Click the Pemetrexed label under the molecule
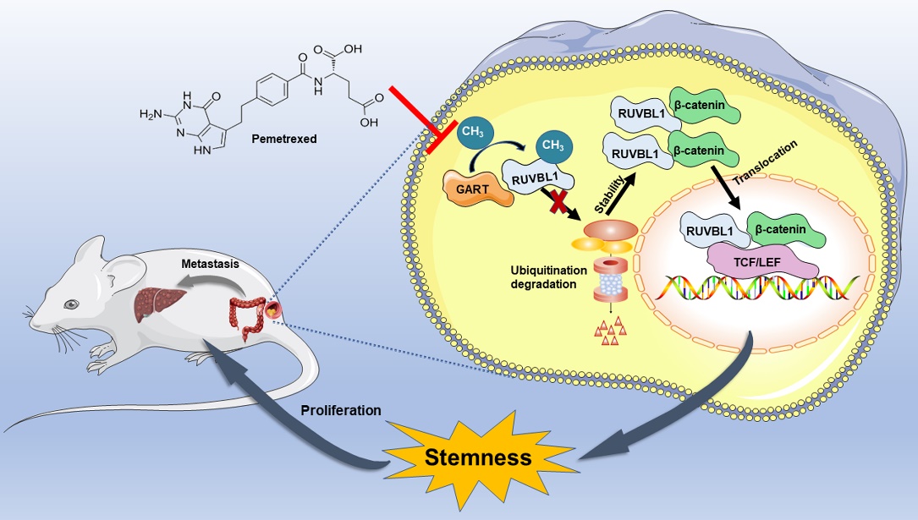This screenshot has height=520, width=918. [x=283, y=138]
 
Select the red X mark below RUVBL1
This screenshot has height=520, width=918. [x=556, y=204]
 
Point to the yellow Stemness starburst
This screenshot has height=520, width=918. [x=478, y=457]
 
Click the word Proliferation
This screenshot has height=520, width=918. [x=342, y=410]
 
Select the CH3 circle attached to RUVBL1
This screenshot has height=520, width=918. [x=552, y=145]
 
